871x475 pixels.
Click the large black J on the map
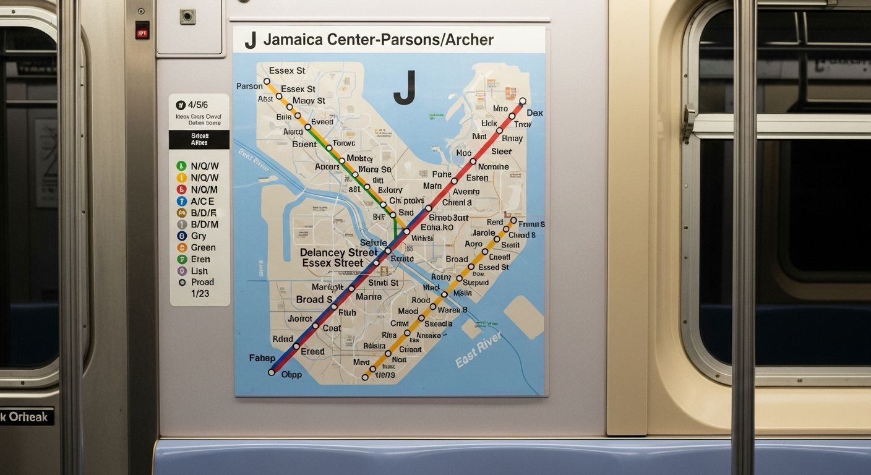point(404,88)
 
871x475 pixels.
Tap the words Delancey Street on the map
point(338,252)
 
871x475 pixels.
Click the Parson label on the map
point(249,86)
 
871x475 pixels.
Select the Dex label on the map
point(534,113)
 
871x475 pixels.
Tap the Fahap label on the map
point(262,358)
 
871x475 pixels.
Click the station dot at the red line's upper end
point(523,101)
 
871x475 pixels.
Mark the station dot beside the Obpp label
point(271,372)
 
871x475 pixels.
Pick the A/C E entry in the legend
point(202,201)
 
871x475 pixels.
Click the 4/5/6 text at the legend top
point(197,105)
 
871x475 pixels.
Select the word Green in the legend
point(203,247)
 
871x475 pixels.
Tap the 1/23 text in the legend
point(200,293)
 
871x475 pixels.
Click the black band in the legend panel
point(199,139)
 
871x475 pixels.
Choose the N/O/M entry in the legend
point(204,189)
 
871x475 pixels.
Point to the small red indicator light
point(142,30)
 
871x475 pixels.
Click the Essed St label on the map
point(494,267)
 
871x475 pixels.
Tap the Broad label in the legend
point(202,282)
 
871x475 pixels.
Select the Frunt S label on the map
point(531,224)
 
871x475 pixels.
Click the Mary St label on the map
point(375,169)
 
